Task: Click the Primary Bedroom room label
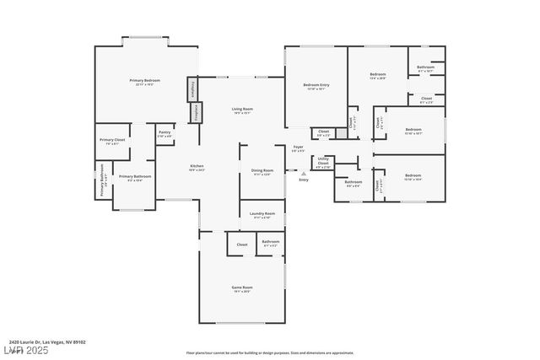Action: (144, 81)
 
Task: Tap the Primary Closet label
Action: (112, 141)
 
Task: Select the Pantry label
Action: (164, 134)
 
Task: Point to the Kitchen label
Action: (197, 167)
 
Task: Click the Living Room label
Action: (242, 110)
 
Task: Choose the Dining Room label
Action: (262, 172)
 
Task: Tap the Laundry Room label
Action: (262, 215)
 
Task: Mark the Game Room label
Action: (242, 288)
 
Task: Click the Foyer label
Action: (298, 148)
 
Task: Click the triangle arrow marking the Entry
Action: (304, 174)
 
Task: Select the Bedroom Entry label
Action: (316, 86)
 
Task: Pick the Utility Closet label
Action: (323, 163)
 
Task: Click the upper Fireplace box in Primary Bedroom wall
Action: (192, 89)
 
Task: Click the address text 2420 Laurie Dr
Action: (47, 342)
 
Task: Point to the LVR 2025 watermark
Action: (24, 350)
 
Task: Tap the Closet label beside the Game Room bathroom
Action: (242, 244)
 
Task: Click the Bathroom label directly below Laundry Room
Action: (270, 243)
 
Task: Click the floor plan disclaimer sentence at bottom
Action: (269, 353)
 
